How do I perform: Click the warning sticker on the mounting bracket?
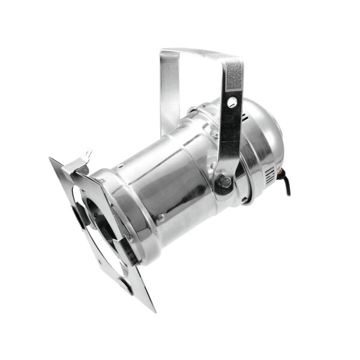tap(234, 77)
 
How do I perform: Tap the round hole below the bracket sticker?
tap(232, 103)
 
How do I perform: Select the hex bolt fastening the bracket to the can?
tap(224, 182)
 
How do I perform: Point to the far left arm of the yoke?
tap(169, 90)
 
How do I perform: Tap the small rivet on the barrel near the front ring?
tap(161, 218)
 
